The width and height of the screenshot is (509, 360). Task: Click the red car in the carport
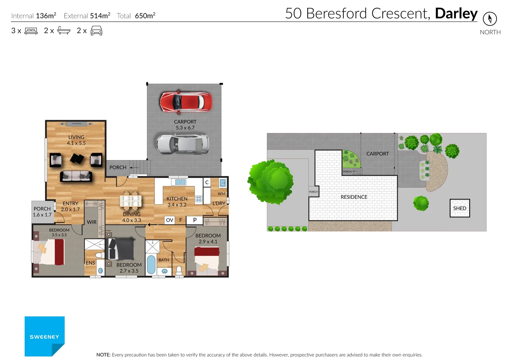[186, 102]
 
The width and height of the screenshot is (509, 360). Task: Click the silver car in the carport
[183, 144]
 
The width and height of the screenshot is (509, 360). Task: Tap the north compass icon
[490, 19]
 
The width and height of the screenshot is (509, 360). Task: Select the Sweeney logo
[44, 336]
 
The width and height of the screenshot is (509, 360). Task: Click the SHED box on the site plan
[460, 208]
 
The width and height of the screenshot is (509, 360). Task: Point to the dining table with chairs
[131, 201]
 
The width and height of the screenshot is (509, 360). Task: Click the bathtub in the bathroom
[151, 264]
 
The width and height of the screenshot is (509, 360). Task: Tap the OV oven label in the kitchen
[170, 220]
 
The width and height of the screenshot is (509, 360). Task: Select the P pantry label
[195, 220]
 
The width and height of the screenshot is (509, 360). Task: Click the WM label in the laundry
[222, 194]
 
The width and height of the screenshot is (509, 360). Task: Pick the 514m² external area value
[100, 16]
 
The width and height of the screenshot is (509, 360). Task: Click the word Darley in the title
[456, 14]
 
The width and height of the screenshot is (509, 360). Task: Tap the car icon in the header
[96, 31]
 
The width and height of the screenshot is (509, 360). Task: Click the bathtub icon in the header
[64, 31]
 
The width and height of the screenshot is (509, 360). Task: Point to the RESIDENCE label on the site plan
[354, 197]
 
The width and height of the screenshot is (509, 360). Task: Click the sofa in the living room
[76, 176]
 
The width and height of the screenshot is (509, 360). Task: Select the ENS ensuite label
[90, 263]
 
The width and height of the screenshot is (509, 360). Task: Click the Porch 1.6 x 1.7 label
[42, 212]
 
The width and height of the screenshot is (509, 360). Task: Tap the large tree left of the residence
[270, 181]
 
